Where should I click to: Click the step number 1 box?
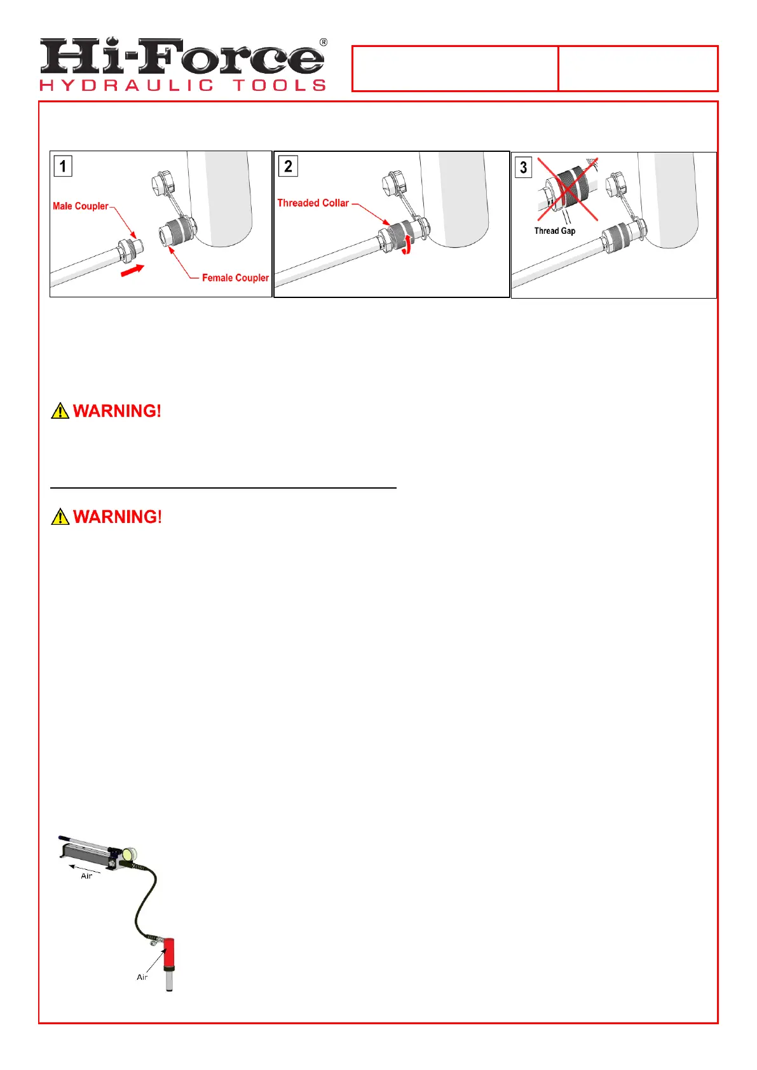[62, 166]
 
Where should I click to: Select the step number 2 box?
[288, 166]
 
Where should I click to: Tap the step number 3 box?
[523, 168]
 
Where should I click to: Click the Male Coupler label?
[80, 206]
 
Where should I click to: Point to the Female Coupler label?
[235, 278]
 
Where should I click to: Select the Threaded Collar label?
[313, 203]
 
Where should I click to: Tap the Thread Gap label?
[554, 231]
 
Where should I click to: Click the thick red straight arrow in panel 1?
[132, 271]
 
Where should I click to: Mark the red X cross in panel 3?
[568, 189]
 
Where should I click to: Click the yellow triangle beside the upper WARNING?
[60, 411]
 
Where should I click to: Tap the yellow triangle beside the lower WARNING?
[60, 517]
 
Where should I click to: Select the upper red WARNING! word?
[118, 411]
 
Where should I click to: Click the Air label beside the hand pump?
[86, 876]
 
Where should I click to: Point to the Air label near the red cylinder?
[142, 977]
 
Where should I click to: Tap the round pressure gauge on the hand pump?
[132, 853]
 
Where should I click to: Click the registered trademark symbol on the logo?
[324, 43]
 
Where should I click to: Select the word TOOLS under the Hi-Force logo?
[280, 85]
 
